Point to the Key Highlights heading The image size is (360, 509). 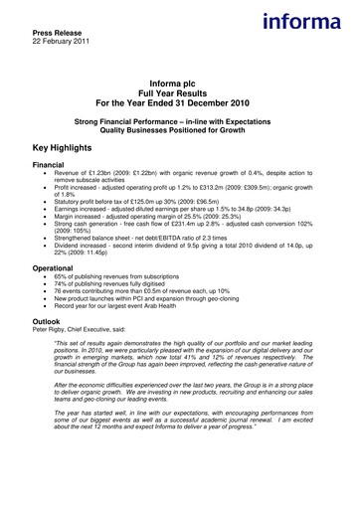75,145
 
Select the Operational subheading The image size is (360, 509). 59,267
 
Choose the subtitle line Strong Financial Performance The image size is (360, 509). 180,119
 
